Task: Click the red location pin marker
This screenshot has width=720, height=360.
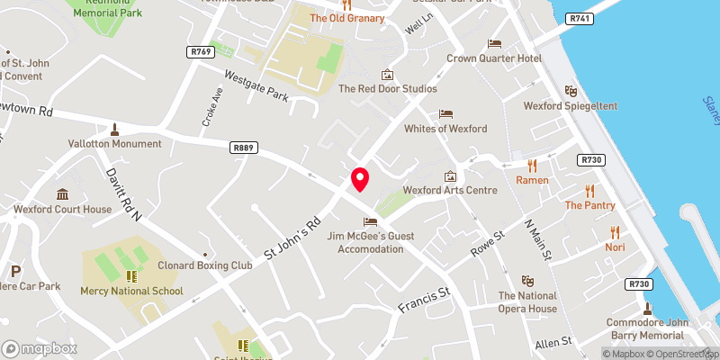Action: click(359, 179)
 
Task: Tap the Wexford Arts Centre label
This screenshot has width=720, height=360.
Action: click(450, 190)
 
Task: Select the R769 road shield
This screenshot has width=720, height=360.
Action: click(201, 52)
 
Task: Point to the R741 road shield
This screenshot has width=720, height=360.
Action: click(578, 19)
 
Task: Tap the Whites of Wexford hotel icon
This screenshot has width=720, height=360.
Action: click(445, 114)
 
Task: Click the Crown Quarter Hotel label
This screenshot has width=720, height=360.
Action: click(494, 58)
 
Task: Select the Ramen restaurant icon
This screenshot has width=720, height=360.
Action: click(532, 166)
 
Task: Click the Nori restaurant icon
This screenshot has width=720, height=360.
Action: click(615, 231)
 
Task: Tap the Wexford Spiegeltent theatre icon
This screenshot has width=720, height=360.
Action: click(570, 91)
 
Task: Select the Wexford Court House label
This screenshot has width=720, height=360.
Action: click(62, 209)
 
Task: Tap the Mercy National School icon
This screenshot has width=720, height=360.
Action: click(131, 276)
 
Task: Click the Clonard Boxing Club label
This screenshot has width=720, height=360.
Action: click(204, 265)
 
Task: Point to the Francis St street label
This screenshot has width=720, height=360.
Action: click(423, 301)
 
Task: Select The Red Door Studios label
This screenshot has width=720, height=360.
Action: click(387, 89)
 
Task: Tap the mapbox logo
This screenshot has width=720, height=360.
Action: click(40, 348)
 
